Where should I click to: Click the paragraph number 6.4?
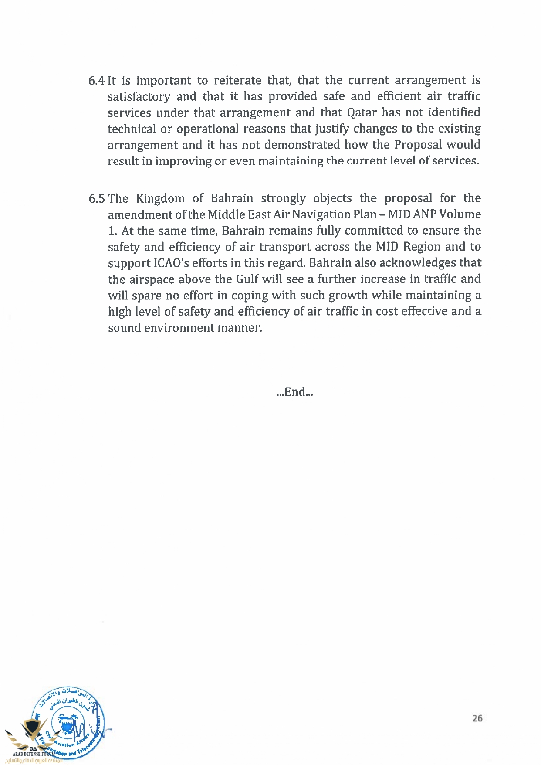96,81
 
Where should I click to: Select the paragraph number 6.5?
97,199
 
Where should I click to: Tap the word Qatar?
362,112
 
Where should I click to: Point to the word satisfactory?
139,97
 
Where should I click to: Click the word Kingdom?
160,199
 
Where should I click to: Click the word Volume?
460,214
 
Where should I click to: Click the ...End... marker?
295,392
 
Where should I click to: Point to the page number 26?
477,718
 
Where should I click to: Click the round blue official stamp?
69,724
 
